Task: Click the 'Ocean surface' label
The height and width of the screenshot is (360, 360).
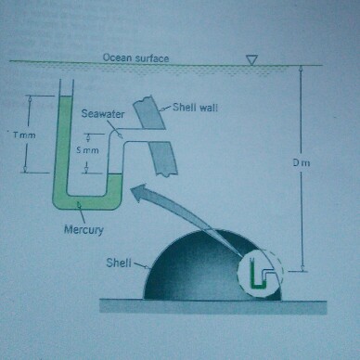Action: coord(136,58)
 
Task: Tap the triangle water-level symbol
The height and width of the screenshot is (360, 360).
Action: coord(249,60)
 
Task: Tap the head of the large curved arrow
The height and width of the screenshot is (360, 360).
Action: coord(135,192)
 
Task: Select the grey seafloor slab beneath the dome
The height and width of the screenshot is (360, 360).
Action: coord(213,307)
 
